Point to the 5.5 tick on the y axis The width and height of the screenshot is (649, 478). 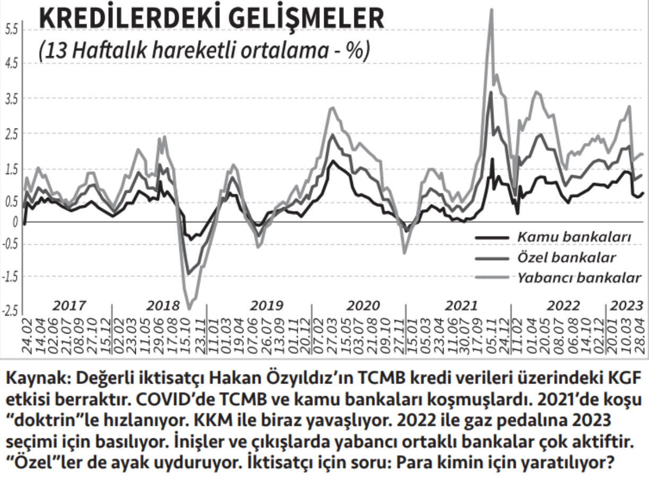(x=12, y=30)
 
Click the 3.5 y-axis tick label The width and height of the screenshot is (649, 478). (x=12, y=99)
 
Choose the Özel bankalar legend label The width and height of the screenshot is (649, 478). (x=566, y=258)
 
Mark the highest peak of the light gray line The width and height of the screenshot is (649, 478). (x=491, y=10)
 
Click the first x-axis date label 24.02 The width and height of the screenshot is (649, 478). (x=27, y=335)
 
